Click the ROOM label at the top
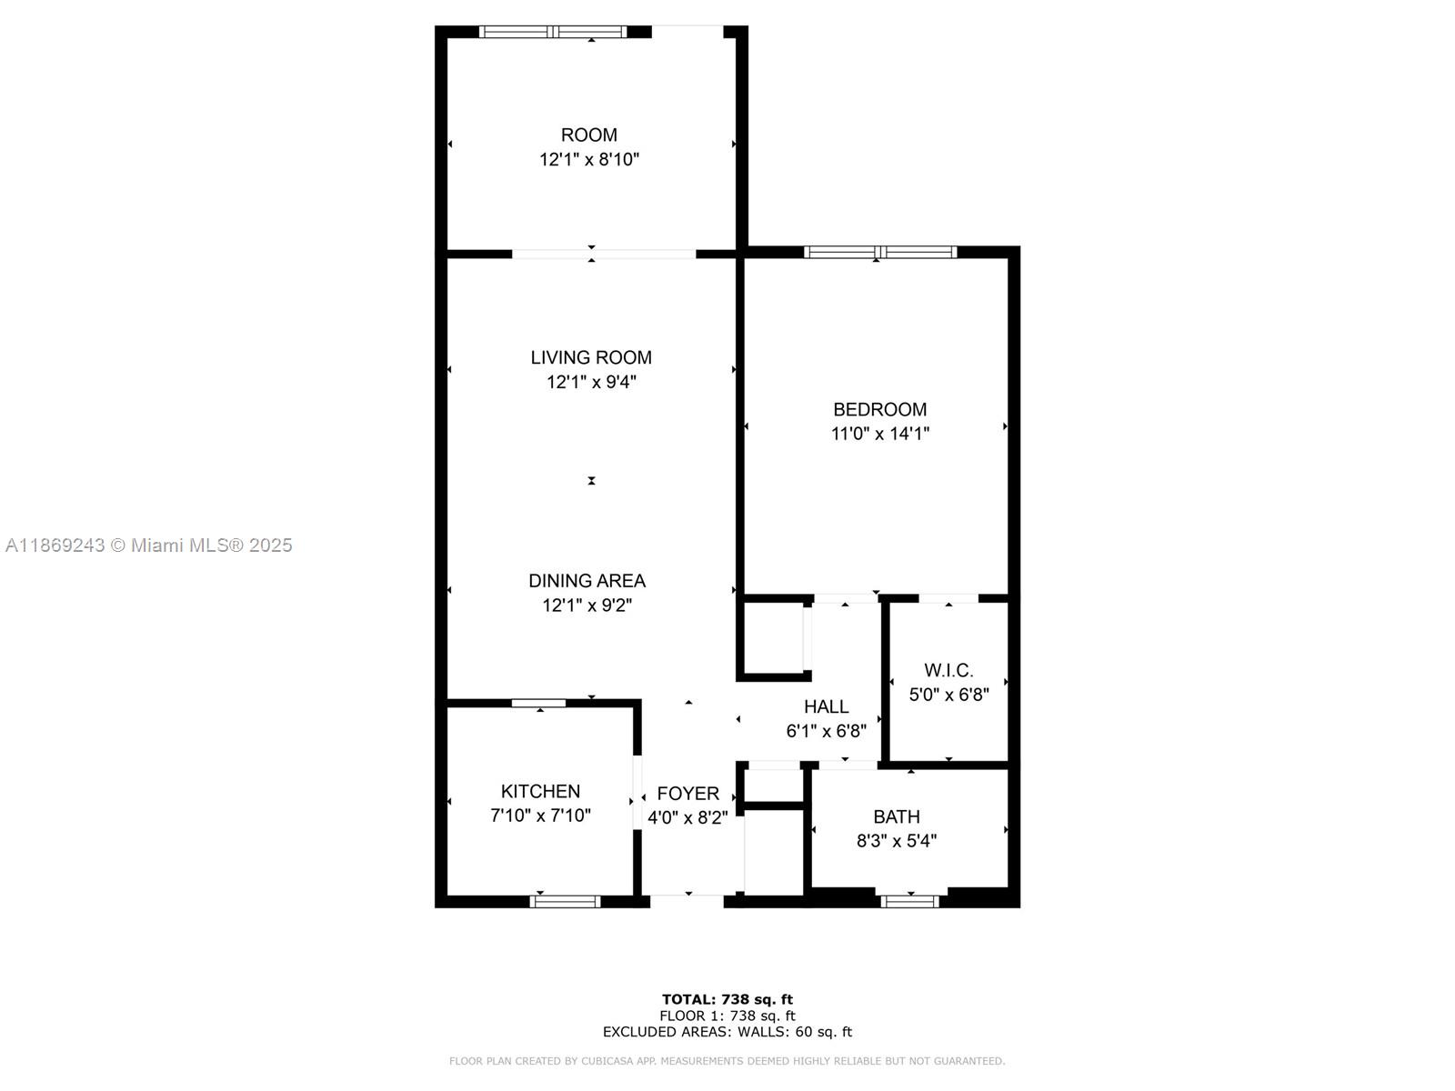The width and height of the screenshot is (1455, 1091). tap(588, 135)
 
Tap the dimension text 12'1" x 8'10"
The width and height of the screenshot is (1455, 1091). tap(588, 160)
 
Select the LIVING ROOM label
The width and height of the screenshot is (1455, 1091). tap(591, 357)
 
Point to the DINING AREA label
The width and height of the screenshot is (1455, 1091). tap(587, 580)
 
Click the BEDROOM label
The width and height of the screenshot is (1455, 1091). tap(879, 409)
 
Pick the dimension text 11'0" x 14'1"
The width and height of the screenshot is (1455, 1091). tap(879, 434)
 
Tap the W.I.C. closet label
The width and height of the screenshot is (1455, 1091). tap(948, 670)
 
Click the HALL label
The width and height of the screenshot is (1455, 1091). tap(826, 706)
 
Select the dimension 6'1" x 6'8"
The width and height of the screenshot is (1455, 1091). tap(826, 730)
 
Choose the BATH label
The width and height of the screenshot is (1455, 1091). tap(896, 816)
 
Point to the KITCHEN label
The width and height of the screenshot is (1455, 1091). tap(540, 791)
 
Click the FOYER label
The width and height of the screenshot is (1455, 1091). tap(687, 793)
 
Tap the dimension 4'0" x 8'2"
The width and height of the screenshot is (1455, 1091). tap(687, 817)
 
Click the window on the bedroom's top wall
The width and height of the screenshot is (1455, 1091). tap(879, 252)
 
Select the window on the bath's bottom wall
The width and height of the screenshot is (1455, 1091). tap(909, 901)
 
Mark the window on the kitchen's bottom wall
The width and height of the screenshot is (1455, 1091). tap(565, 901)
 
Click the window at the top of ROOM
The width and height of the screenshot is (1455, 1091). tap(553, 32)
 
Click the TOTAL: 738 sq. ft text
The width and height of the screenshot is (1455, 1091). tap(727, 999)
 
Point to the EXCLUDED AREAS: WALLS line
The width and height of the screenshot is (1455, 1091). tap(727, 1032)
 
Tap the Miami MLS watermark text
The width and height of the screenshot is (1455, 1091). tap(148, 545)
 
